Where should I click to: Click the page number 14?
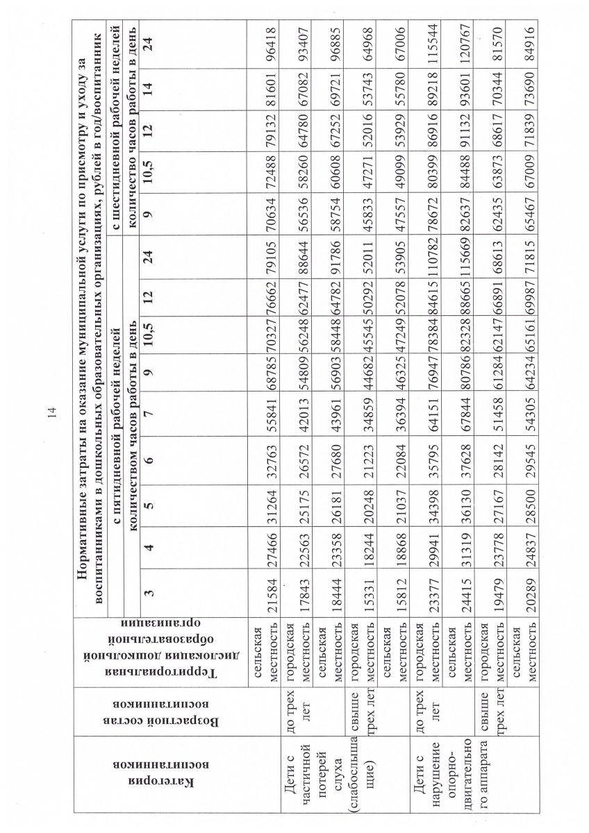[52, 416]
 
